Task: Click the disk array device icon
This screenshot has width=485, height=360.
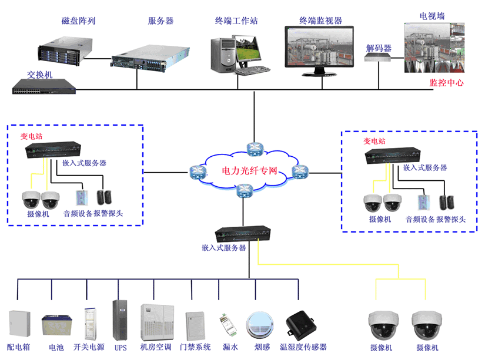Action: pyautogui.click(x=65, y=46)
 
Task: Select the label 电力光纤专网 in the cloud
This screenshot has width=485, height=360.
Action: pyautogui.click(x=248, y=171)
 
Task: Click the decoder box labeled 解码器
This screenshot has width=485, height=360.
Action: pyautogui.click(x=377, y=58)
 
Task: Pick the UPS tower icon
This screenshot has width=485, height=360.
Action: pyautogui.click(x=120, y=320)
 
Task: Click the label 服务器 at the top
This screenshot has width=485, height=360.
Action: pyautogui.click(x=160, y=21)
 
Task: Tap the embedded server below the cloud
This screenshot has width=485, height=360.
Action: pyautogui.click(x=243, y=234)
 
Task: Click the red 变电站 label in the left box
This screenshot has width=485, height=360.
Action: pyautogui.click(x=31, y=136)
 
